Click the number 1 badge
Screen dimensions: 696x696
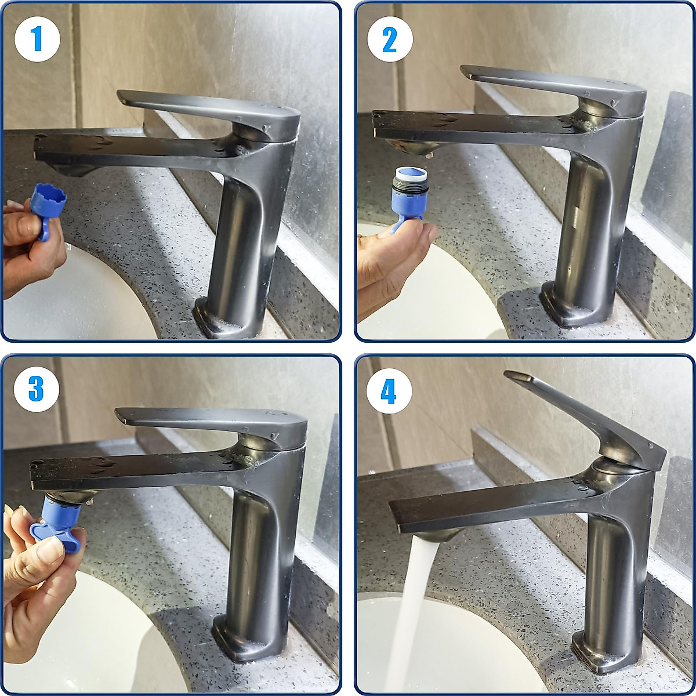(37, 39)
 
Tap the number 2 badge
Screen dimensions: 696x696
(390, 39)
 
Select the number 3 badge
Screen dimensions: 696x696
(36, 389)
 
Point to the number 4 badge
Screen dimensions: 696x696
(389, 391)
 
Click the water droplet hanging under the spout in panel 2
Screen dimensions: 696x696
(429, 155)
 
